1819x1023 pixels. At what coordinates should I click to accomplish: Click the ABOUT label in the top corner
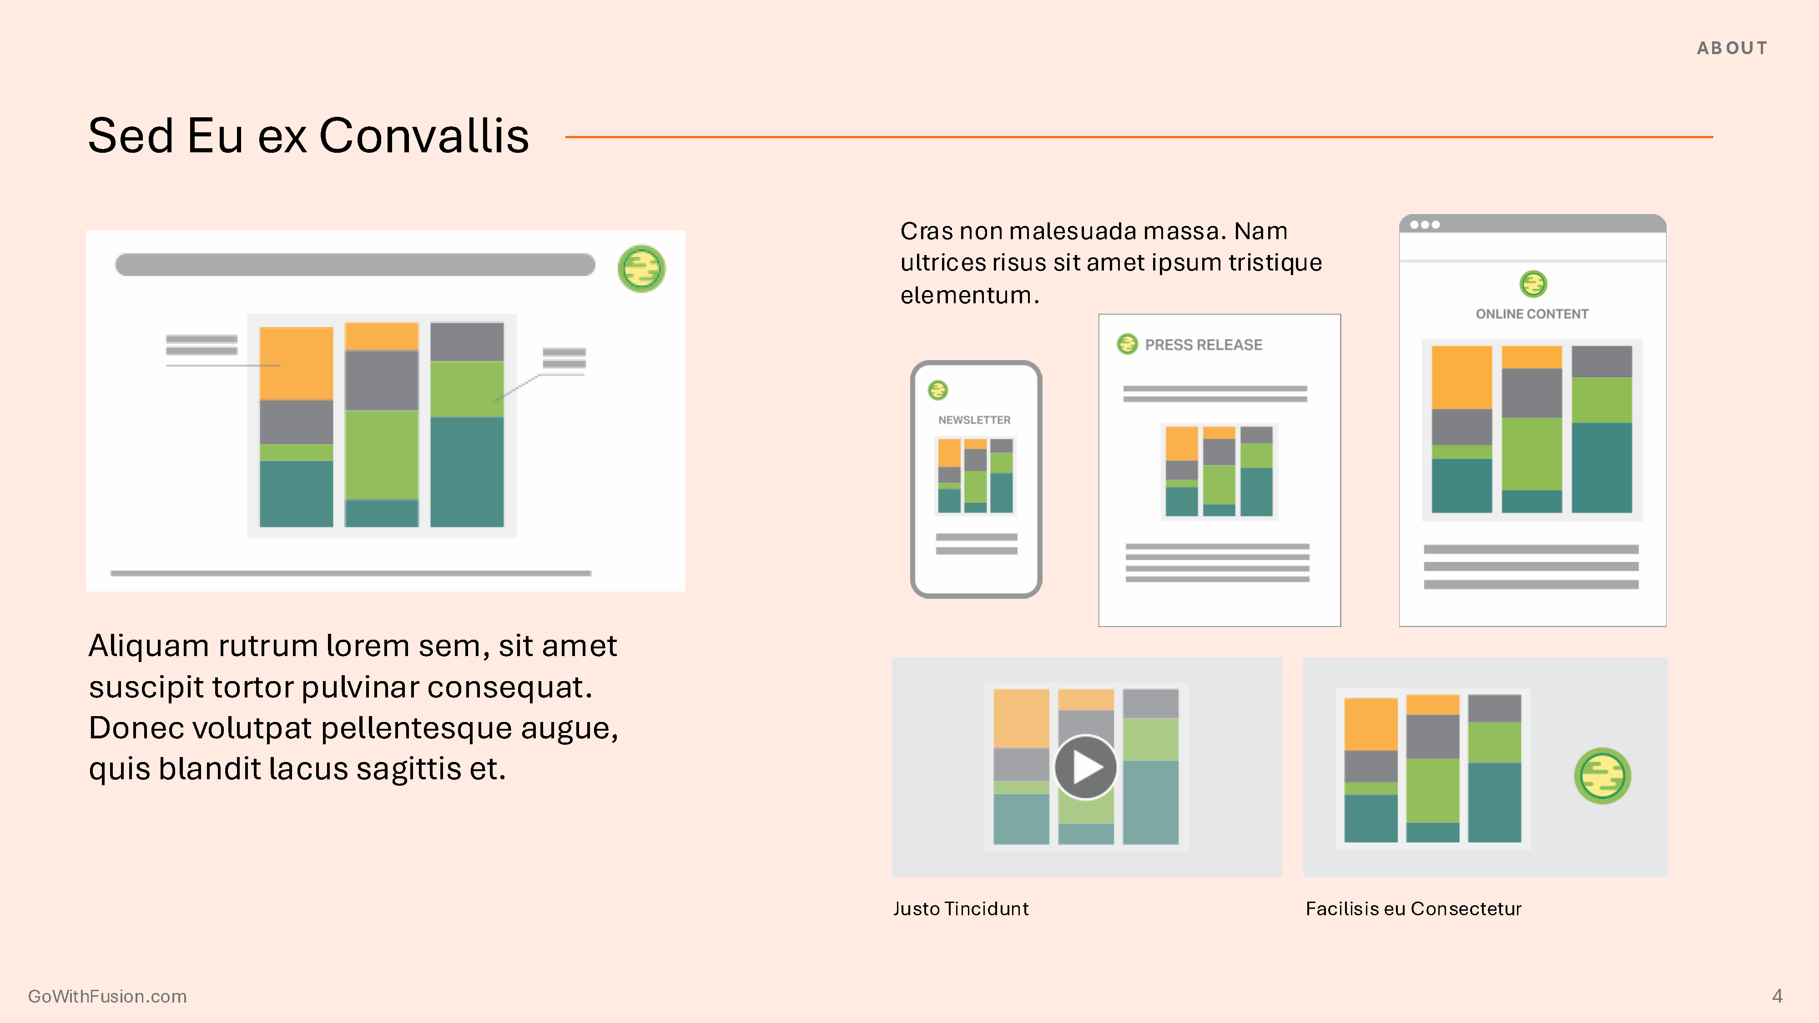(x=1732, y=48)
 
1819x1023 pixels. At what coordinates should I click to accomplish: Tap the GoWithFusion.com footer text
(x=107, y=996)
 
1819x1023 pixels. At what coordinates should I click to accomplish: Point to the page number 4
(x=1777, y=996)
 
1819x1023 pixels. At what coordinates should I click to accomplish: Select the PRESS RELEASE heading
(x=1203, y=345)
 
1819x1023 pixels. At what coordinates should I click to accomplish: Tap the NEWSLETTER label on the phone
(x=974, y=420)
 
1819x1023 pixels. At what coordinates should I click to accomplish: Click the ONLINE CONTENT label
(x=1532, y=314)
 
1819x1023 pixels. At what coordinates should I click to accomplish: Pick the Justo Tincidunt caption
(x=960, y=908)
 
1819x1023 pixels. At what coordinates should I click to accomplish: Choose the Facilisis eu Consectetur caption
(x=1413, y=908)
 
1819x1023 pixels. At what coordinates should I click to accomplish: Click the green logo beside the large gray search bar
(x=641, y=268)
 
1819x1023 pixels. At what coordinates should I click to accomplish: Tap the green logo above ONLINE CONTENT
(x=1533, y=284)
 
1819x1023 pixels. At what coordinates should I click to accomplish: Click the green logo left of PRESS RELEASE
(x=1127, y=344)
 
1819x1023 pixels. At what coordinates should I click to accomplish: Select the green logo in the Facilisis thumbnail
(x=1602, y=776)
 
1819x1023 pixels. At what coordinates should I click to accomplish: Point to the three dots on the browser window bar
(x=1425, y=225)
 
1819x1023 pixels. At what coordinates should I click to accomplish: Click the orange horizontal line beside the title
(x=1139, y=137)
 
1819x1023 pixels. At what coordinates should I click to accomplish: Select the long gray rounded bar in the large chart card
(x=355, y=265)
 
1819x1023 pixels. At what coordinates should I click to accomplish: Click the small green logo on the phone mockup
(x=938, y=390)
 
